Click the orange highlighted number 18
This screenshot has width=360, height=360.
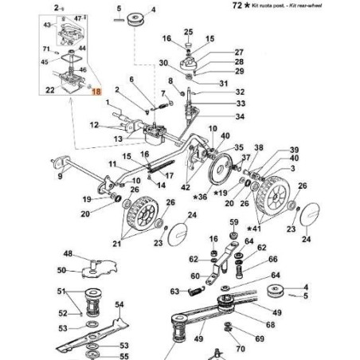(97, 92)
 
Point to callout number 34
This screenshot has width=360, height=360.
(218, 117)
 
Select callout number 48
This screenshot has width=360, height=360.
(68, 254)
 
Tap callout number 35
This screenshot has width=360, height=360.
(239, 148)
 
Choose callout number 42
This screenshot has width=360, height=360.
(186, 186)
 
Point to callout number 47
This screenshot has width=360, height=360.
(77, 17)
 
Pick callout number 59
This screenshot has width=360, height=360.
(234, 222)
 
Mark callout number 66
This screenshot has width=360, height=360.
(272, 259)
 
